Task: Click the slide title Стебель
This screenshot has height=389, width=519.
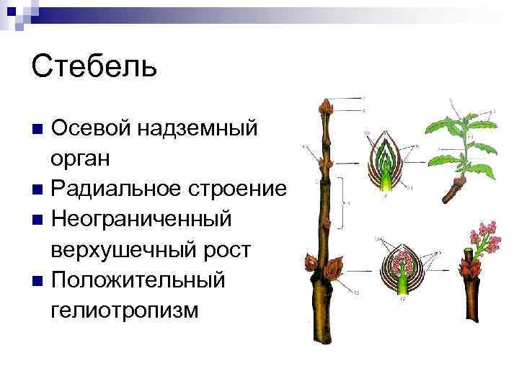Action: point(94,66)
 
